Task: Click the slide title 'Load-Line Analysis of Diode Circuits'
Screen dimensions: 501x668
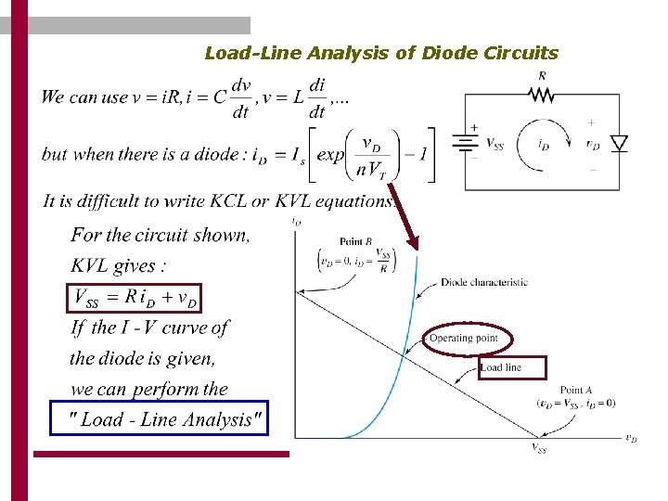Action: (x=381, y=53)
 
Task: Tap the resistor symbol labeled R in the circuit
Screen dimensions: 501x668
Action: (x=541, y=94)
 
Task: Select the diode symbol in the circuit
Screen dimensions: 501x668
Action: (x=619, y=142)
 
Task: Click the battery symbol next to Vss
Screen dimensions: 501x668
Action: (x=464, y=143)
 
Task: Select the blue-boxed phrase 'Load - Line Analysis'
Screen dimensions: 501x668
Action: (x=159, y=419)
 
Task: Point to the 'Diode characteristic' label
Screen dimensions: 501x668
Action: (x=483, y=282)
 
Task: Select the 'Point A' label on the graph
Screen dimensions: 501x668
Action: (x=572, y=391)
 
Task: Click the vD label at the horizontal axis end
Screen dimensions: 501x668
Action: (x=630, y=439)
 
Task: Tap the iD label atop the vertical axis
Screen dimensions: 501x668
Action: (x=296, y=222)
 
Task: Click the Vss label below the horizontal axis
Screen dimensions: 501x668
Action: (x=539, y=449)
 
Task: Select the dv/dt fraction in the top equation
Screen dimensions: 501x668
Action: (x=240, y=97)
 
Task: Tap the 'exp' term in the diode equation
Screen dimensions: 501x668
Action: (x=330, y=154)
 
